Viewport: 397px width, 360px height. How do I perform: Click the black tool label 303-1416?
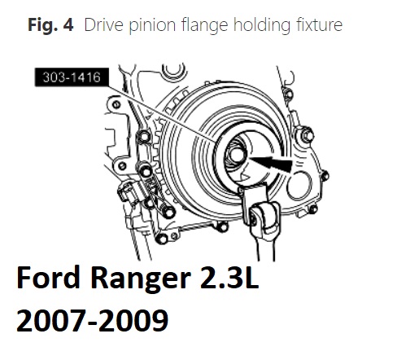72,77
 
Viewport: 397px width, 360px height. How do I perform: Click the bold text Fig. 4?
50,24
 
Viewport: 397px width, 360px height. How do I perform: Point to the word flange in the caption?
205,26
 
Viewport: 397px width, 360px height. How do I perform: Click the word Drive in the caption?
104,24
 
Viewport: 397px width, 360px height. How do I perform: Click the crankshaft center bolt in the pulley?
237,155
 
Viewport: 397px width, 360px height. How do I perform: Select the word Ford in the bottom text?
48,279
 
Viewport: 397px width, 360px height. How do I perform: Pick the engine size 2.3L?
229,278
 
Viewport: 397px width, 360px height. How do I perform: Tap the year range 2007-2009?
93,320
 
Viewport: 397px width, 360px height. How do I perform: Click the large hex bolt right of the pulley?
307,135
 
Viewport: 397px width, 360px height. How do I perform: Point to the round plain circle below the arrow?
299,185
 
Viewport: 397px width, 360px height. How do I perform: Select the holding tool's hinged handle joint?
265,217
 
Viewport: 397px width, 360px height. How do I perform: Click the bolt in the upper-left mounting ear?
116,104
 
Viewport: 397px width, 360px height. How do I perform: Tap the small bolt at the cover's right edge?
325,176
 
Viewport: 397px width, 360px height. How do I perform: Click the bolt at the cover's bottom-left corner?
162,239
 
